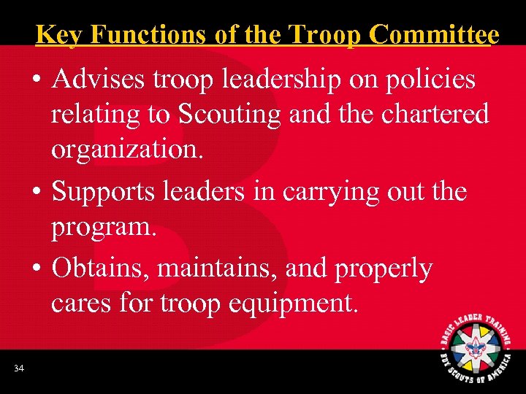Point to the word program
pos(103,227)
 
